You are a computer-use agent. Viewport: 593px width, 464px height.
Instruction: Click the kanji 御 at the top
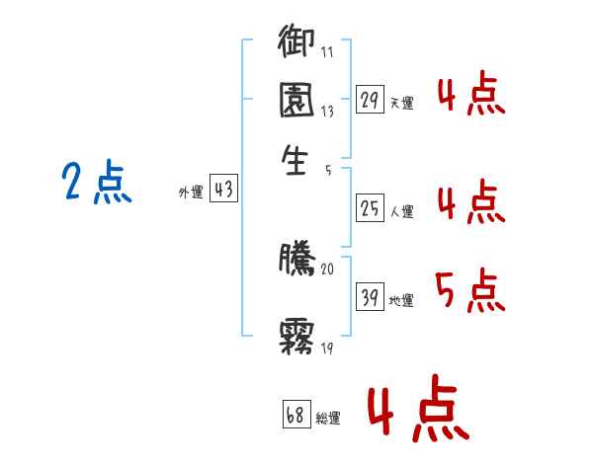[296, 40]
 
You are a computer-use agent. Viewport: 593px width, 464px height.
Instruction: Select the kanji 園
[296, 100]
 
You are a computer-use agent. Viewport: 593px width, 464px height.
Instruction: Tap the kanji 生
[295, 160]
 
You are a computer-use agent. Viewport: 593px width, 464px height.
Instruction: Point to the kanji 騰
[296, 259]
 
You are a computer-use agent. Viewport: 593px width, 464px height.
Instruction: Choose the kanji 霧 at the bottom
[296, 337]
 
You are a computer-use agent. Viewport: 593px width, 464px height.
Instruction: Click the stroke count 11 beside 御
[327, 51]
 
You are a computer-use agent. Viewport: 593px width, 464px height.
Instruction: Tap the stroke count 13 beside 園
[327, 112]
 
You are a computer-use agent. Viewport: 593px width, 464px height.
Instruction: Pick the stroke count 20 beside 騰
[327, 270]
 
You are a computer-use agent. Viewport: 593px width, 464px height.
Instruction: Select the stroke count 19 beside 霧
[327, 348]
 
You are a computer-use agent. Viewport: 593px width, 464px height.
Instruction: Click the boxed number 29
[370, 100]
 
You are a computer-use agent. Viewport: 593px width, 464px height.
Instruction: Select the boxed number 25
[370, 208]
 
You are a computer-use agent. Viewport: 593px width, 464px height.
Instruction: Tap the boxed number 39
[370, 296]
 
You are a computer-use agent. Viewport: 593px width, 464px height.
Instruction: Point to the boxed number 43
[223, 188]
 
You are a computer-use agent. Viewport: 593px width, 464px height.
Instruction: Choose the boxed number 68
[296, 414]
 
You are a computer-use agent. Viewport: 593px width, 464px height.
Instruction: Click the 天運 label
[402, 103]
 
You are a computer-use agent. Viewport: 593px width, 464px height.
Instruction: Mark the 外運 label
[191, 192]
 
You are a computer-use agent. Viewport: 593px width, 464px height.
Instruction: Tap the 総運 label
[328, 419]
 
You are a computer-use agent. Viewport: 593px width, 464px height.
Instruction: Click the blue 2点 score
[97, 182]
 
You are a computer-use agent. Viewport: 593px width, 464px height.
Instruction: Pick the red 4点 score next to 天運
[471, 93]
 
